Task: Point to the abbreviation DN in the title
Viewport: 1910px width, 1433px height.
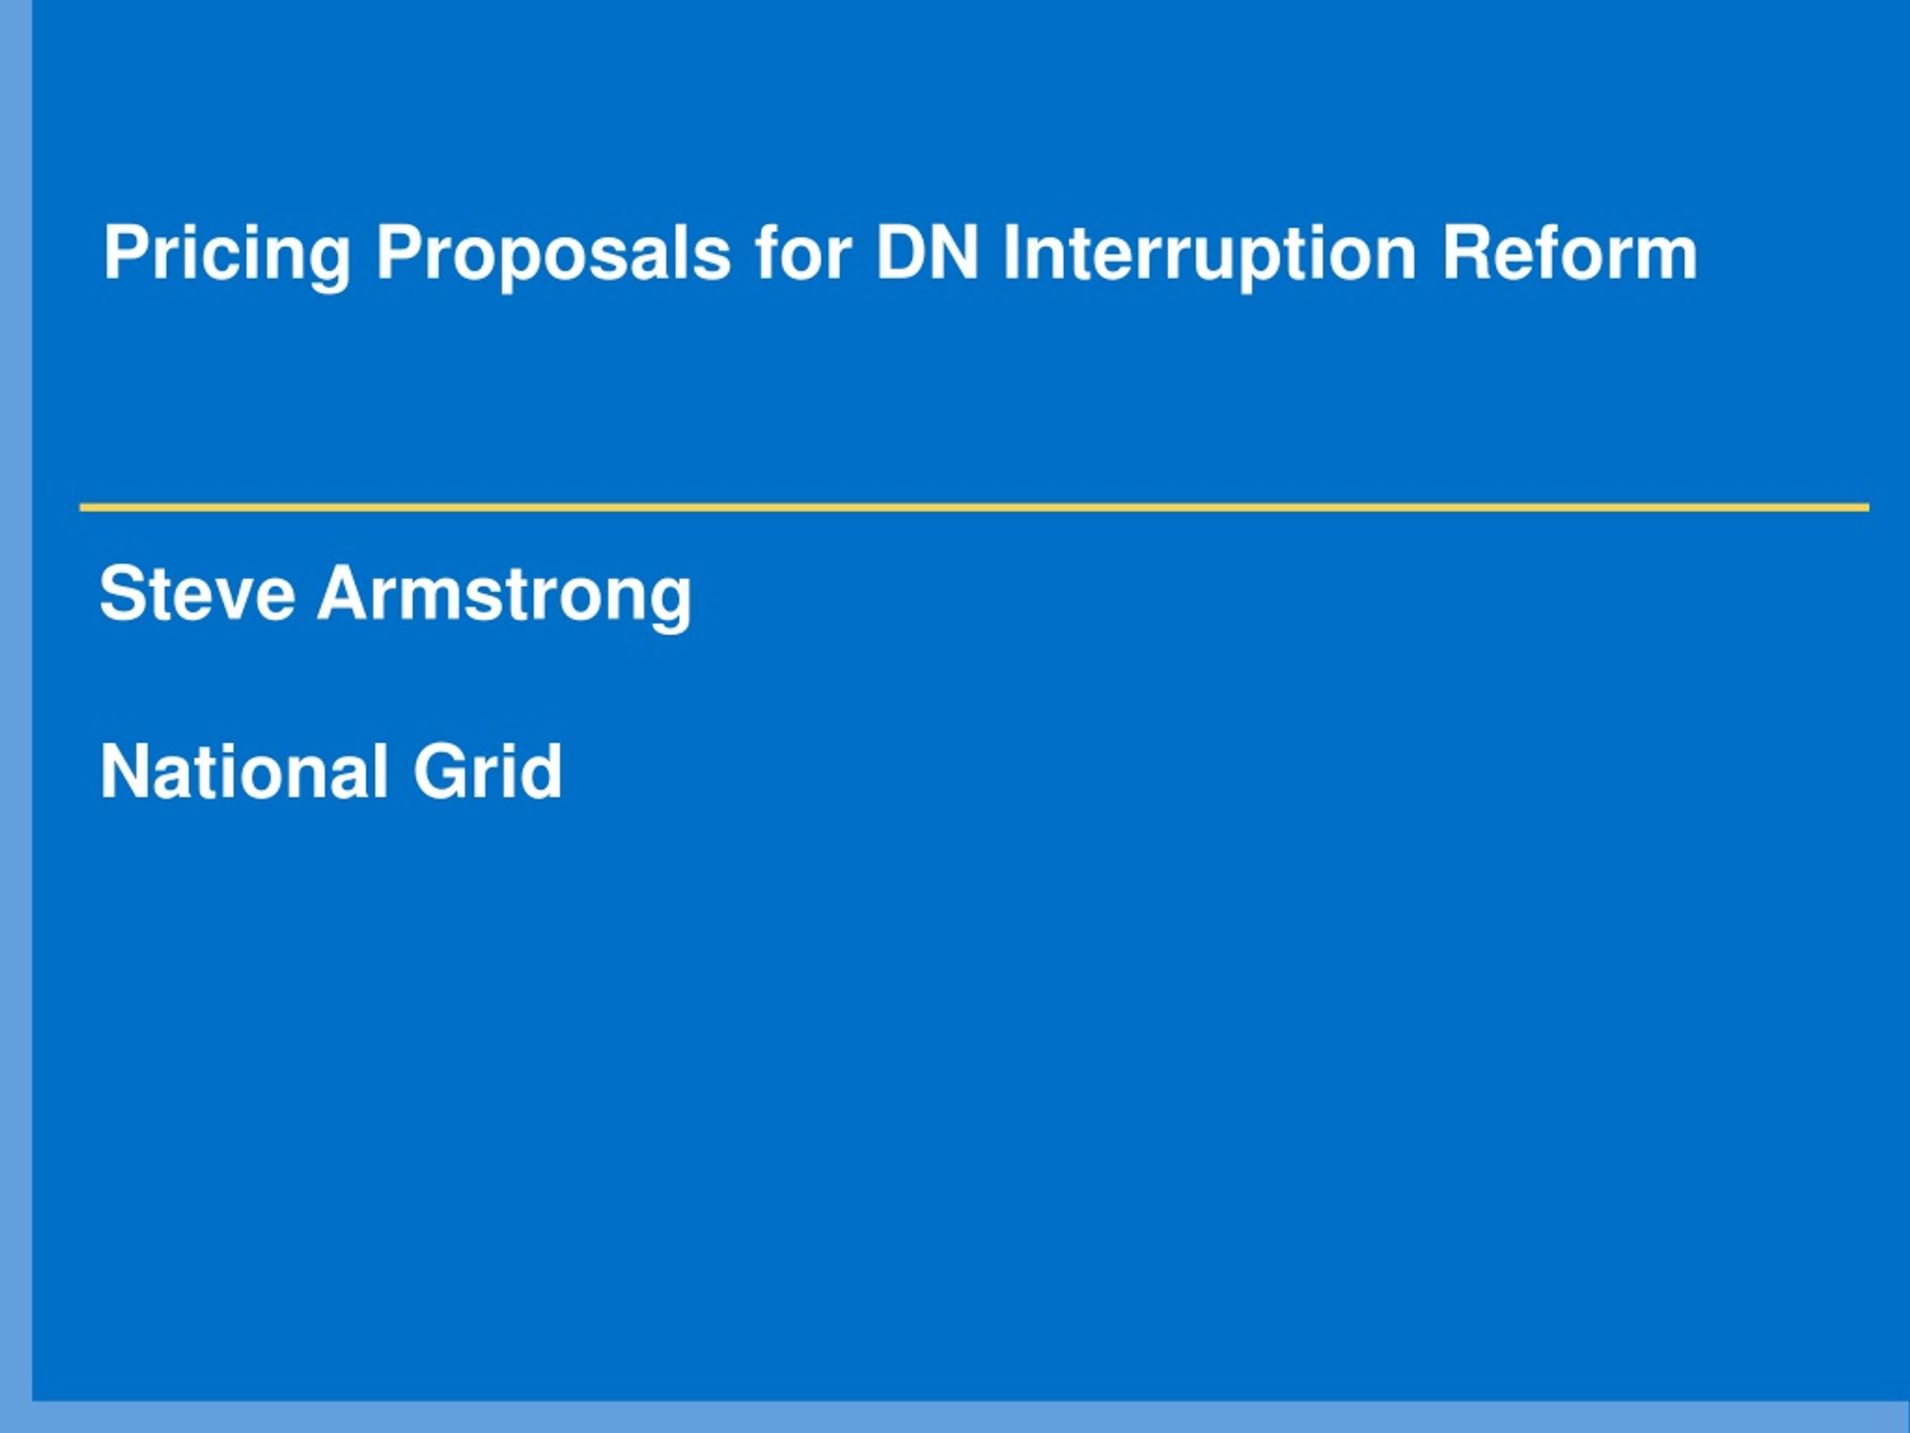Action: tap(927, 252)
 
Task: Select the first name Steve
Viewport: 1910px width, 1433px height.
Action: tap(198, 593)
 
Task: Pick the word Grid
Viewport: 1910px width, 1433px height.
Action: tap(488, 770)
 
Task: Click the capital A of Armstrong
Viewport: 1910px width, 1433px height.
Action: tap(345, 593)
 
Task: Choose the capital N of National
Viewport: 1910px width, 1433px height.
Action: tap(126, 771)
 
